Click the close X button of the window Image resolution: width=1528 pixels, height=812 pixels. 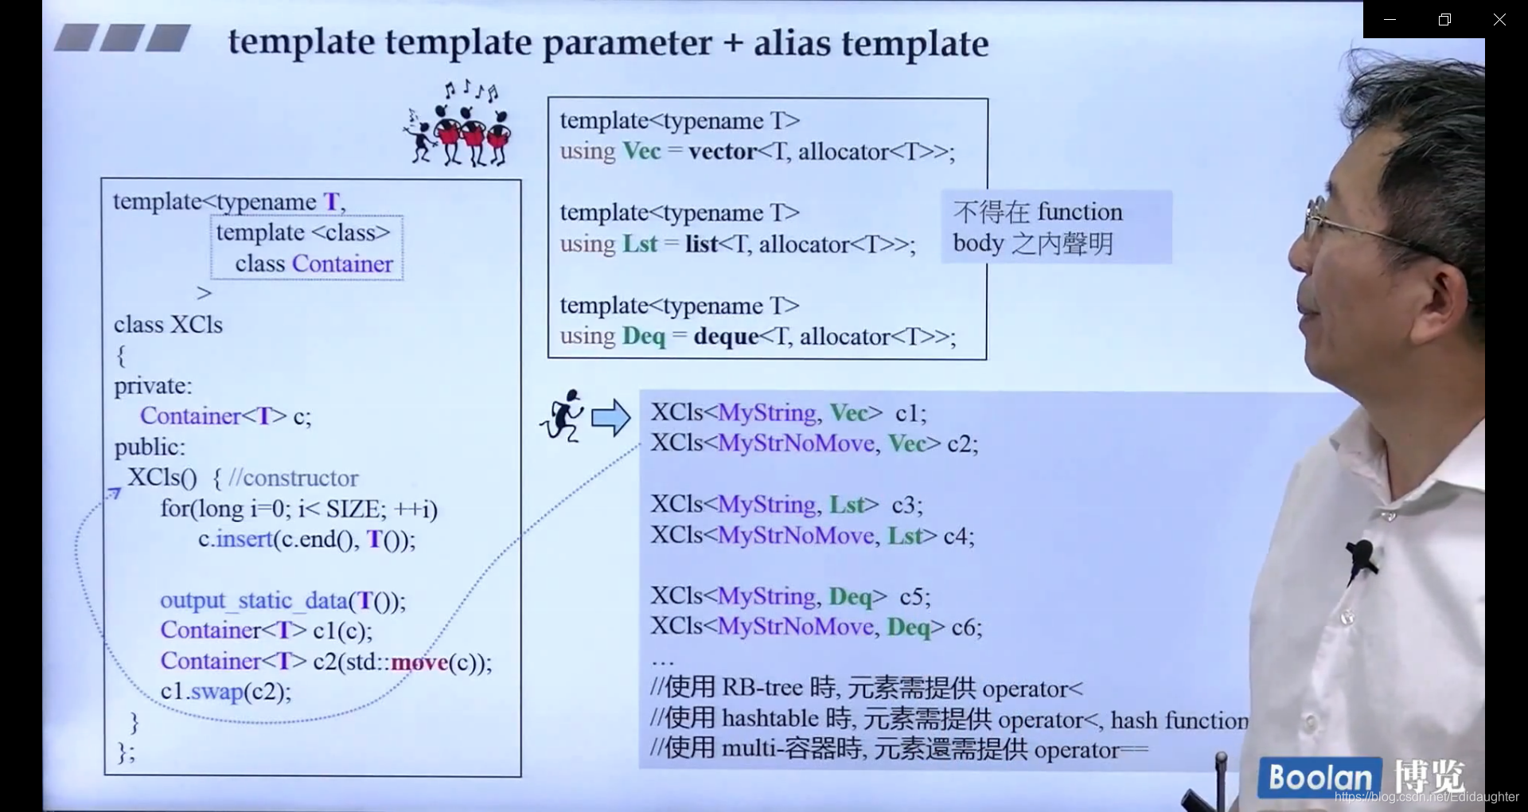(x=1499, y=20)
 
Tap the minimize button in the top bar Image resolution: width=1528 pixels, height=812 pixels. (x=1390, y=20)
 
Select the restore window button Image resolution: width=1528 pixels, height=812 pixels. (x=1444, y=20)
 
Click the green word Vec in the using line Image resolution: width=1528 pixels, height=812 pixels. (x=641, y=151)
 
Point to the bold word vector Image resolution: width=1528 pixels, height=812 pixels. (x=723, y=151)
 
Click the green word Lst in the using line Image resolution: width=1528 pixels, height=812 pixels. (x=640, y=244)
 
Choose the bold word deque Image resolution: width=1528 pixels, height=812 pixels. (x=726, y=336)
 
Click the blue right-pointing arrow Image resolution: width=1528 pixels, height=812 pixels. (x=610, y=417)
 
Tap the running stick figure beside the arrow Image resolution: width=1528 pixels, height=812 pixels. (x=563, y=416)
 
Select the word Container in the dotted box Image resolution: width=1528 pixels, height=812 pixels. (x=342, y=264)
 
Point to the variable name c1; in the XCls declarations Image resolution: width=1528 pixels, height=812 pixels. (x=910, y=412)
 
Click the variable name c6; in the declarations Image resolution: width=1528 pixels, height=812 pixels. (x=966, y=627)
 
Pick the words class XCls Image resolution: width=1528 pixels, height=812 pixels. (x=168, y=325)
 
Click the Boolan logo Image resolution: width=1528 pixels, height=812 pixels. (x=1319, y=778)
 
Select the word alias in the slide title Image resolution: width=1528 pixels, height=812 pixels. (x=793, y=43)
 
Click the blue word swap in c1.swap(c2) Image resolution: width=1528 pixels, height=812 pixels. (x=216, y=691)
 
